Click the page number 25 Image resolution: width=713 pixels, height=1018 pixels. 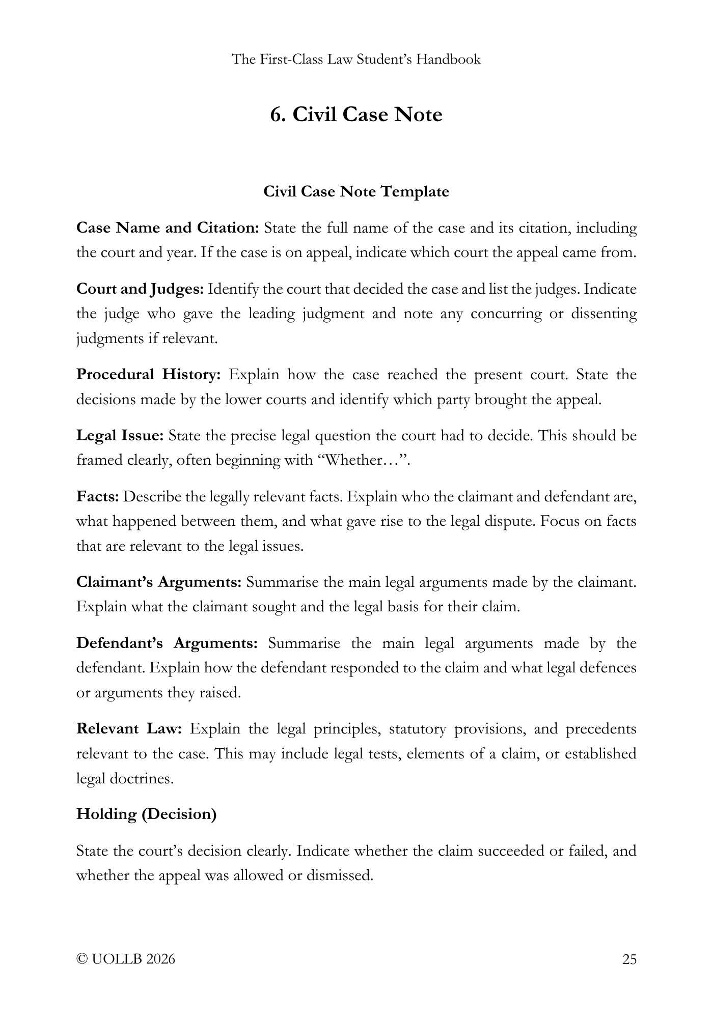pos(629,959)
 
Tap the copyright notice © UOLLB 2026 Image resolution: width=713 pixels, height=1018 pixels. pos(125,959)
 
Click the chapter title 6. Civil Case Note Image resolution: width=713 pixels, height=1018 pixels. pos(356,115)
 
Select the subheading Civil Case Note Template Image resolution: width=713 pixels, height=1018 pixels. pos(356,192)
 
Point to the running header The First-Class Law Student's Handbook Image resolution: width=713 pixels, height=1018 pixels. pos(356,60)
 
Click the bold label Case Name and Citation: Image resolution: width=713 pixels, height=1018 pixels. pos(168,228)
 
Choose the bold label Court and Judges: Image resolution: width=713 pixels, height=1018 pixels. pos(140,290)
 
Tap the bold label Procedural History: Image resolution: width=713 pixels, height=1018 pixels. pos(148,375)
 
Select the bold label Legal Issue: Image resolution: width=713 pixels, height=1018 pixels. pos(120,436)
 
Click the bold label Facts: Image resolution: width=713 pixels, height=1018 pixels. pos(97,497)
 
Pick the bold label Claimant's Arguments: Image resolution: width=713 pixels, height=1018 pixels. pos(158,582)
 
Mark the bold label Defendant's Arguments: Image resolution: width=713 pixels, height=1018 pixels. pos(167,643)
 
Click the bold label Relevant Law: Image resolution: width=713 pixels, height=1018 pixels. pos(129,729)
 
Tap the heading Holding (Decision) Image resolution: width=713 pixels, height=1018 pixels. pos(146,814)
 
